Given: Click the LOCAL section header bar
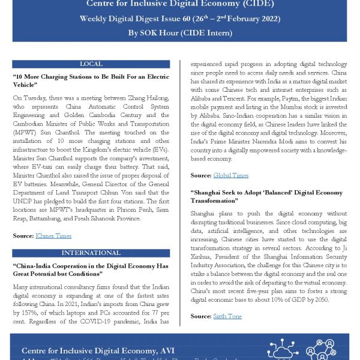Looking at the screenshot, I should (x=91, y=64).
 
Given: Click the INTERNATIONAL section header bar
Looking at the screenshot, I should (x=91, y=253).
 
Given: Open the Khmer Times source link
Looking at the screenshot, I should (x=54, y=237).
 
